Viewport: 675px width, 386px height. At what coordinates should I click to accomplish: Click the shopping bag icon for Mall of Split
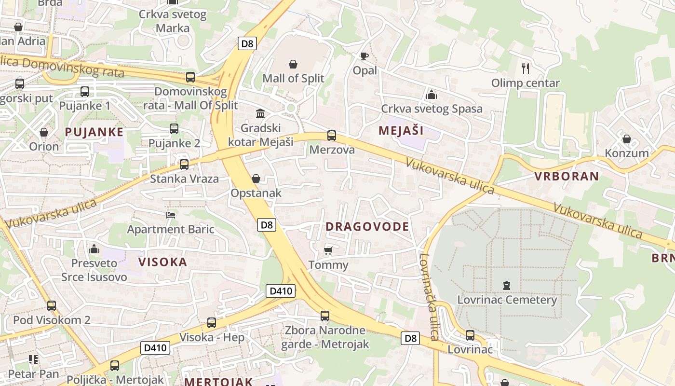pos(293,64)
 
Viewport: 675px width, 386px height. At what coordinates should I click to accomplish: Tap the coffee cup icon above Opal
pos(364,56)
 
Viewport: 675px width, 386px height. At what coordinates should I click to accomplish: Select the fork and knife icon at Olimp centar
pos(526,69)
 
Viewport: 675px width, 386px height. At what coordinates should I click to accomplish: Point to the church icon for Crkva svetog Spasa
pos(432,94)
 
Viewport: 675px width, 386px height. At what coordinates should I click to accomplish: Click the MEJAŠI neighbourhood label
pos(401,130)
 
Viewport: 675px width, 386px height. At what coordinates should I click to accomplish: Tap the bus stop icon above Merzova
pos(332,136)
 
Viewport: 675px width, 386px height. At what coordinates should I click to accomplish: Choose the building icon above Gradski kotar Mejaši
pos(260,113)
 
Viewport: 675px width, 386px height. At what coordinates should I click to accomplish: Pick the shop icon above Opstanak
pos(256,179)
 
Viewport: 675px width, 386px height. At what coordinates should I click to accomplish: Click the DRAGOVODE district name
pos(367,227)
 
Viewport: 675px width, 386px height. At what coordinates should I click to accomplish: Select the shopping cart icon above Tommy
pos(328,250)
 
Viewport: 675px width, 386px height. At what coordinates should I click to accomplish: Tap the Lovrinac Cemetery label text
pos(507,300)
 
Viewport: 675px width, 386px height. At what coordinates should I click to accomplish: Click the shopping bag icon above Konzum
pos(627,139)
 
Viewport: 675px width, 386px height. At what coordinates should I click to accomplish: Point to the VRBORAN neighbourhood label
pos(567,176)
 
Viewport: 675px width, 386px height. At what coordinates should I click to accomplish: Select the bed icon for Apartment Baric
pos(171,215)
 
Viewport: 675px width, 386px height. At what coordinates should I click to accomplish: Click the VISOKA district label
pos(162,262)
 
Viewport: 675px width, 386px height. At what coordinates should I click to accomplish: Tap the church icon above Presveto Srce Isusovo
pos(94,249)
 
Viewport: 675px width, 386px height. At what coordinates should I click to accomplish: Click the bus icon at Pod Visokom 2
pos(52,305)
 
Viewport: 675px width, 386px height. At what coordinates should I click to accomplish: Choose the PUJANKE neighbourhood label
pos(94,132)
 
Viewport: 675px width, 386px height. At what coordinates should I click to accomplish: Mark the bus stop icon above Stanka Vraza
pos(184,165)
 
